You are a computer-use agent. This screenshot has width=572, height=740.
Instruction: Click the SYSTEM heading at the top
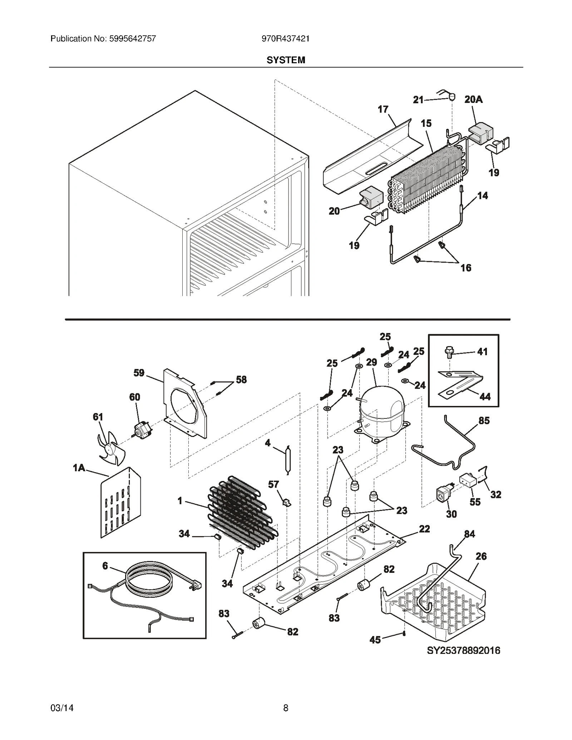286,60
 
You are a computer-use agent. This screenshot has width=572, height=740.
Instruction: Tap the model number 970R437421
285,39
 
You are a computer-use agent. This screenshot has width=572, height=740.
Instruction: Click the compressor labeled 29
381,411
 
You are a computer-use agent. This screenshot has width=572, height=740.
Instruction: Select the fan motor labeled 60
142,430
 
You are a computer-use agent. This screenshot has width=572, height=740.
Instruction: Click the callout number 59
139,373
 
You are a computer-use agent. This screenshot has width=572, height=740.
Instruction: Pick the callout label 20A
473,100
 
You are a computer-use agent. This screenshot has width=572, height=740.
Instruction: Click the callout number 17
383,109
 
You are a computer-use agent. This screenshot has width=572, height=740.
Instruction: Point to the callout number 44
485,396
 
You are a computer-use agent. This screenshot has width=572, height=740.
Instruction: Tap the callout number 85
484,421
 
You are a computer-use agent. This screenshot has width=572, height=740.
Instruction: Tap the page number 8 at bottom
286,708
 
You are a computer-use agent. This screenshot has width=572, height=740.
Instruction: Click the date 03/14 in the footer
62,708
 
